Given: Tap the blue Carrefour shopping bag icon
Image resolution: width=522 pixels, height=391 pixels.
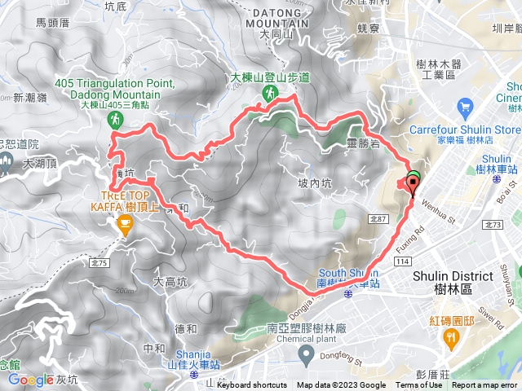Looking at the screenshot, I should tap(466, 107).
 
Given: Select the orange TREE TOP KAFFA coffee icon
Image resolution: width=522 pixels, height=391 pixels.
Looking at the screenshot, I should tap(124, 226).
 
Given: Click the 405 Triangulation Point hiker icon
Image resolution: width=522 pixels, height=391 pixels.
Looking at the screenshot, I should tap(114, 120).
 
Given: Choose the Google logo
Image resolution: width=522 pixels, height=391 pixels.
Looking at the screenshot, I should tap(31, 380).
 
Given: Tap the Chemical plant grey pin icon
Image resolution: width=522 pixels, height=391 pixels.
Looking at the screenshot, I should tap(306, 353).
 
